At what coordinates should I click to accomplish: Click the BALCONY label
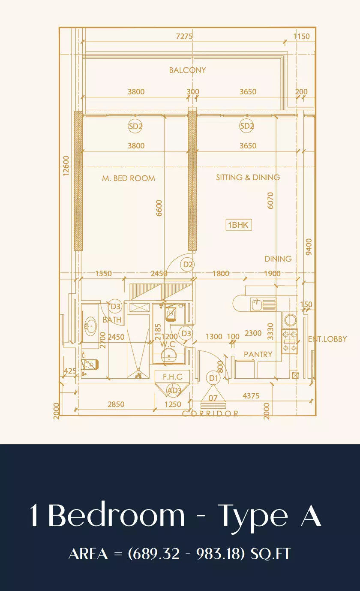pyautogui.click(x=187, y=70)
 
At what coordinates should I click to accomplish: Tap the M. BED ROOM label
pyautogui.click(x=129, y=178)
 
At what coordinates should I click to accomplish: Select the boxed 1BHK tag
pyautogui.click(x=238, y=225)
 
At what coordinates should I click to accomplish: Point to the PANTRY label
pyautogui.click(x=258, y=354)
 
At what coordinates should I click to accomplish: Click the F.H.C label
pyautogui.click(x=172, y=377)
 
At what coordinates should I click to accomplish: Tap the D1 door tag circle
pyautogui.click(x=213, y=378)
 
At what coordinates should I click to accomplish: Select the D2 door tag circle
pyautogui.click(x=188, y=264)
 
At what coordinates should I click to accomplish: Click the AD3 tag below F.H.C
pyautogui.click(x=174, y=390)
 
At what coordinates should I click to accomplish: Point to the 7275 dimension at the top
pyautogui.click(x=184, y=36)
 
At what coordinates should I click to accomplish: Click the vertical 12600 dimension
pyautogui.click(x=66, y=166)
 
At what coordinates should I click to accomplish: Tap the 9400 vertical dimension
pyautogui.click(x=309, y=247)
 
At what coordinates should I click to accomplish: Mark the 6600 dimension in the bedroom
pyautogui.click(x=159, y=208)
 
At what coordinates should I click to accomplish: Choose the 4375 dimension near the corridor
pyautogui.click(x=251, y=396)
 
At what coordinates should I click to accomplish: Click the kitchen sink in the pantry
pyautogui.click(x=263, y=305)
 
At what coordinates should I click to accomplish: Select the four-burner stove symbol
pyautogui.click(x=290, y=341)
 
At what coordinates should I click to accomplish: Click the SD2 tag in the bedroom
pyautogui.click(x=135, y=126)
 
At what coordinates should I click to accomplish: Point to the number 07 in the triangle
pyautogui.click(x=213, y=398)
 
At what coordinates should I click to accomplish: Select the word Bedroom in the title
pyautogui.click(x=116, y=515)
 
